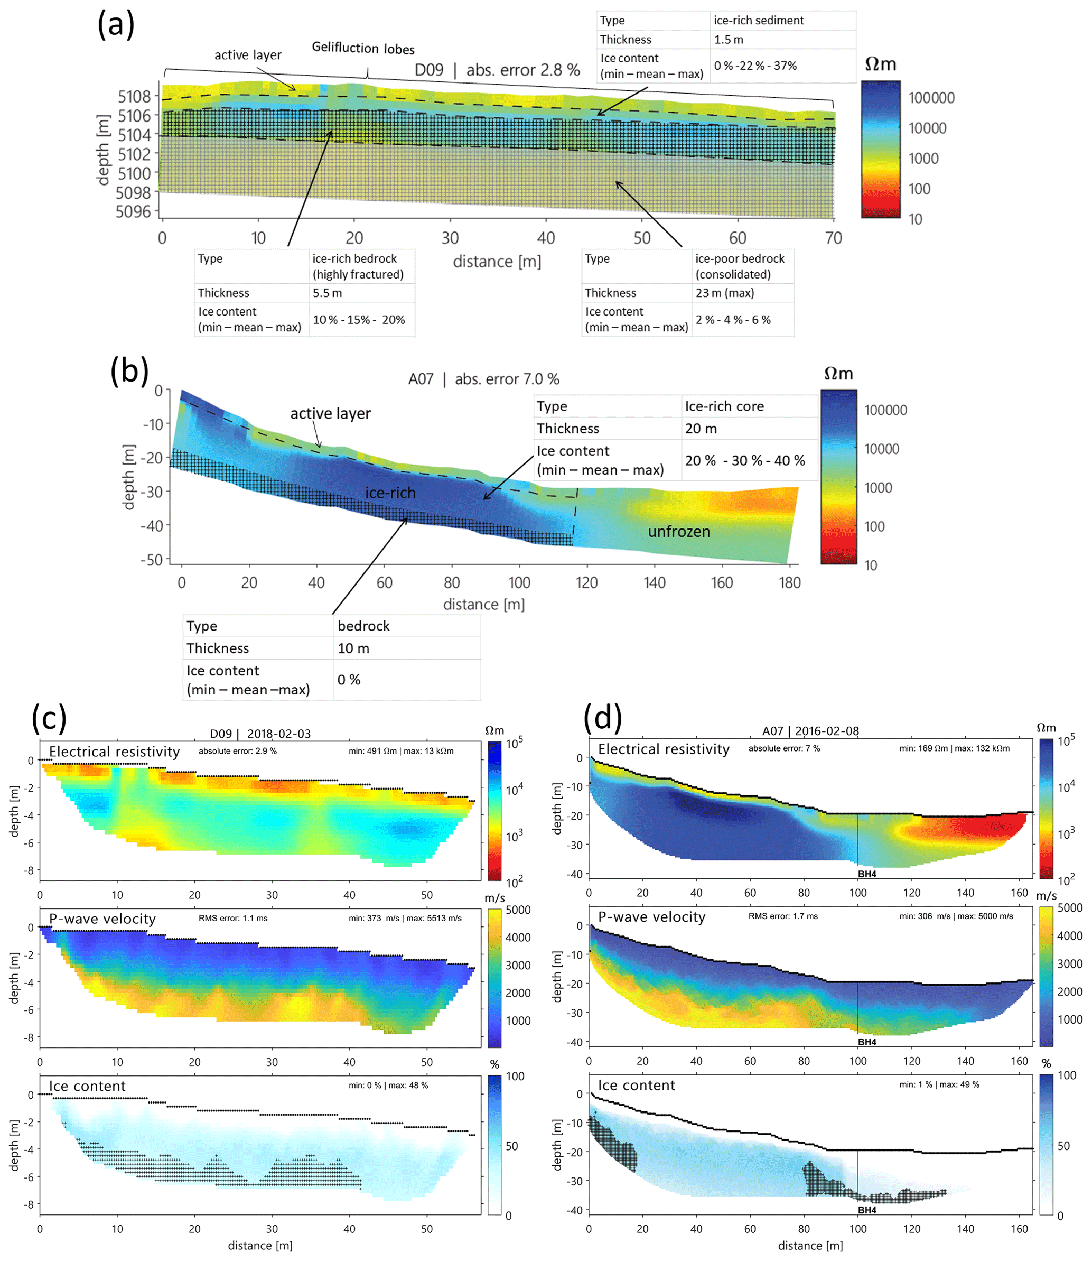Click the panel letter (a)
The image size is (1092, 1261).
click(x=116, y=25)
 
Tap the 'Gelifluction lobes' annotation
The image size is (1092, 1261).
click(x=363, y=48)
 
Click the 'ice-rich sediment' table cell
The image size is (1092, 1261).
click(x=759, y=20)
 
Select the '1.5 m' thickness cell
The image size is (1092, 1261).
click(x=729, y=40)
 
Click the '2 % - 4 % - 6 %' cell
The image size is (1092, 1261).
click(x=733, y=320)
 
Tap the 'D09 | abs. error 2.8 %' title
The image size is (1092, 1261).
click(x=497, y=70)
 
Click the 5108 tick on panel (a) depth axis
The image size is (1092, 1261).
click(x=134, y=96)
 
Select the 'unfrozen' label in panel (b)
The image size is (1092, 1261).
click(x=679, y=532)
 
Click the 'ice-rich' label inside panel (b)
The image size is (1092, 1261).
click(x=390, y=493)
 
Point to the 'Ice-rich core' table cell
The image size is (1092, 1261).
click(x=724, y=406)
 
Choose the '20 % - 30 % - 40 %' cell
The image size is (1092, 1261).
click(x=745, y=461)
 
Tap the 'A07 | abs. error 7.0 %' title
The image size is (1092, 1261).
click(x=484, y=379)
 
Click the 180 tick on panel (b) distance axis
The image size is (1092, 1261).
click(x=790, y=582)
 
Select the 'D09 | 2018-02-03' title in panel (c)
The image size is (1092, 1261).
click(x=260, y=734)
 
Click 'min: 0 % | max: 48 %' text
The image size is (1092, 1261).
click(x=388, y=1086)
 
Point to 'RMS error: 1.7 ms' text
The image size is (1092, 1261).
click(x=783, y=916)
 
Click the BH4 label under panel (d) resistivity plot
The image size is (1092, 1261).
click(x=867, y=874)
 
